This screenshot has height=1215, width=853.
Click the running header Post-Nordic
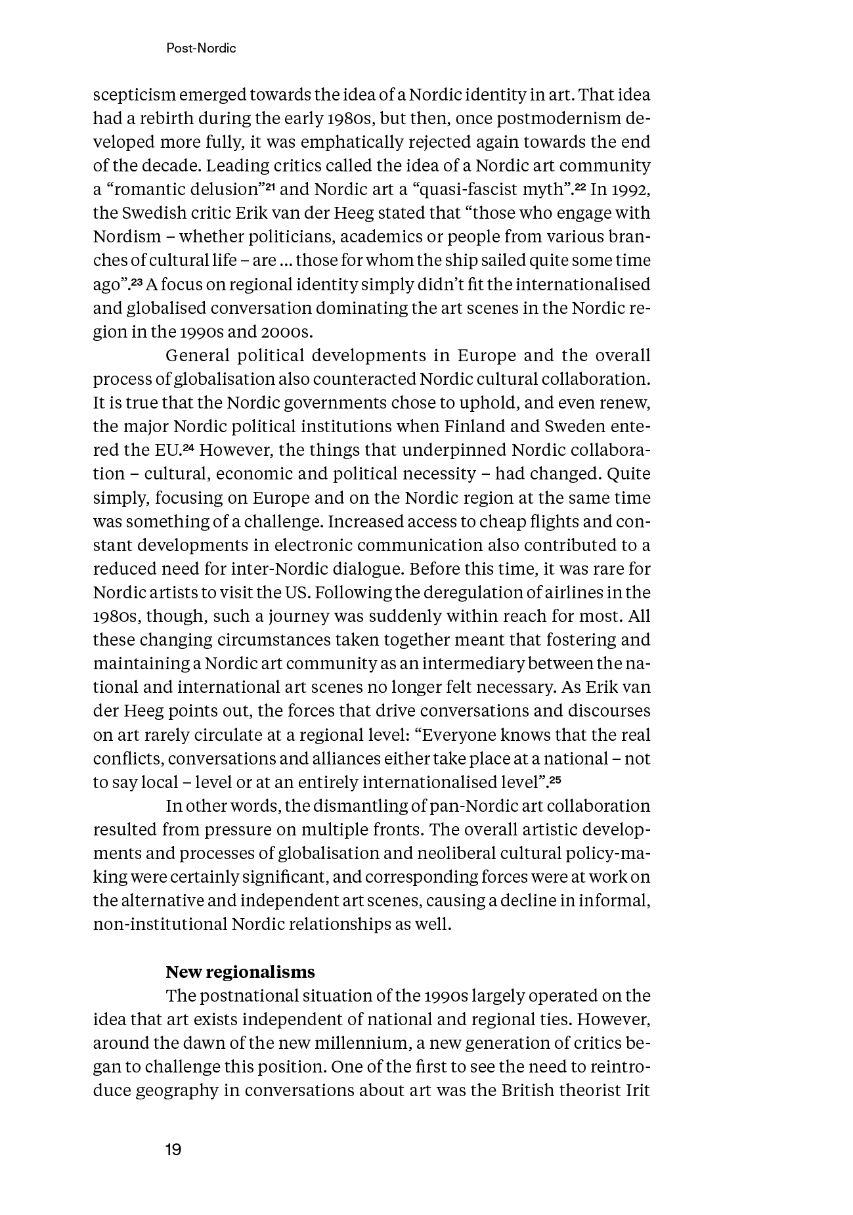201,49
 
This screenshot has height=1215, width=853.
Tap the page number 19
173,1149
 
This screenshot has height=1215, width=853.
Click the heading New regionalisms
240,972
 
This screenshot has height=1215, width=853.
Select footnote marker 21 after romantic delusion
269,188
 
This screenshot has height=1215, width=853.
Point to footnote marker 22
580,188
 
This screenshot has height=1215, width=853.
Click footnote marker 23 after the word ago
136,282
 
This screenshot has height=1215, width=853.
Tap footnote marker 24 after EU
189,448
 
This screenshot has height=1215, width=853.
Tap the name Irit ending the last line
637,1090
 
